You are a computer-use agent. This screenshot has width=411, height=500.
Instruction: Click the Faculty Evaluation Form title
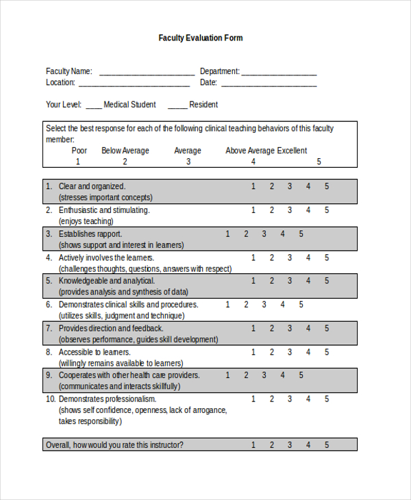tap(201, 38)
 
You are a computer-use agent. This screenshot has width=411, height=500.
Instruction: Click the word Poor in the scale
tap(79, 151)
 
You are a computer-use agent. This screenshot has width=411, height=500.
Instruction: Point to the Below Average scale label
tap(125, 151)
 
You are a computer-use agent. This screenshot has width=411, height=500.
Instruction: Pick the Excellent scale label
tap(292, 151)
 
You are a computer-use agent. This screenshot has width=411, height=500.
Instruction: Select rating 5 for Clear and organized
tap(327, 186)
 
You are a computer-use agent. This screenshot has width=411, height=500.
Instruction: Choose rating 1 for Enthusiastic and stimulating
tap(253, 210)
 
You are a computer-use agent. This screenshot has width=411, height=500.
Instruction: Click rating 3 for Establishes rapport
tap(264, 234)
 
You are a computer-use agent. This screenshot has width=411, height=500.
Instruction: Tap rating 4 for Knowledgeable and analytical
tap(308, 281)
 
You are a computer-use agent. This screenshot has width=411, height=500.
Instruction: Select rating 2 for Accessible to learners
tap(271, 352)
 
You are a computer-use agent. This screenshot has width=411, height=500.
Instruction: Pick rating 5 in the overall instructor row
tap(327, 445)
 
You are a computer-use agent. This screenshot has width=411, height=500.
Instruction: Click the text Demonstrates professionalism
tap(108, 399)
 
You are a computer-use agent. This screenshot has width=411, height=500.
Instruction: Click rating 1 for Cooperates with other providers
tap(228, 375)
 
